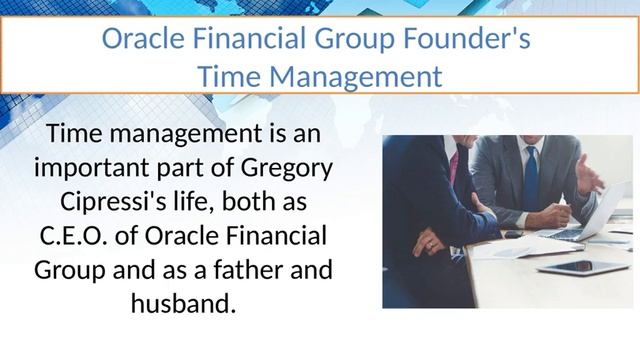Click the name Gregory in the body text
click(x=285, y=167)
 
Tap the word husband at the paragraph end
click(x=183, y=303)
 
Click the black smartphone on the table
click(x=513, y=234)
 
